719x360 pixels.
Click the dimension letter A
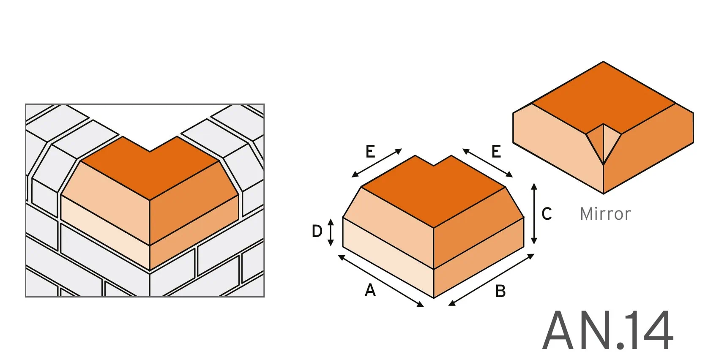[x=370, y=290]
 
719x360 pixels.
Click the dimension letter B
[x=500, y=291]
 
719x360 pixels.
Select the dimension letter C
[x=547, y=214]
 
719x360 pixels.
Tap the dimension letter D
[x=317, y=231]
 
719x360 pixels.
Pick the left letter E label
[x=370, y=151]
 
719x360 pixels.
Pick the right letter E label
[x=496, y=151]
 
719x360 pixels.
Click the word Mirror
[x=605, y=214]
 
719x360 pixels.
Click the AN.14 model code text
[x=607, y=330]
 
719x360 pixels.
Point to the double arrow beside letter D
[x=331, y=232]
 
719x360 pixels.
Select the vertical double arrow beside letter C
[x=534, y=214]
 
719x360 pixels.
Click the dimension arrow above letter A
[x=380, y=281]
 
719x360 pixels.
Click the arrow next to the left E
[x=377, y=163]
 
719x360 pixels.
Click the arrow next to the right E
[x=487, y=163]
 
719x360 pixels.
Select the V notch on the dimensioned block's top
[x=434, y=162]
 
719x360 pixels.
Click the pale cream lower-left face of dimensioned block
[x=387, y=258]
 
